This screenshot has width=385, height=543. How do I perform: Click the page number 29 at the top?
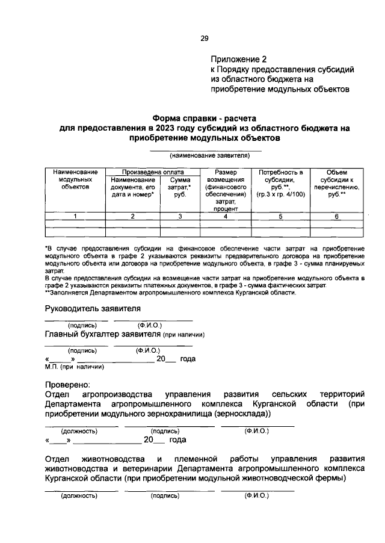click(x=204, y=39)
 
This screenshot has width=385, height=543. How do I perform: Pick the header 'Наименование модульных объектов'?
click(x=75, y=179)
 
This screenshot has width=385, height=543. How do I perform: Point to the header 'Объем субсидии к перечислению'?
click(x=337, y=183)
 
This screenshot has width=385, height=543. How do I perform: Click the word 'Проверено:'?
click(x=67, y=384)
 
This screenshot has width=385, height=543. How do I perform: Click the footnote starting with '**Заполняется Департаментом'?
click(x=170, y=293)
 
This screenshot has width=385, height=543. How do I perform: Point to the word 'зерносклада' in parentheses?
click(x=245, y=415)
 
